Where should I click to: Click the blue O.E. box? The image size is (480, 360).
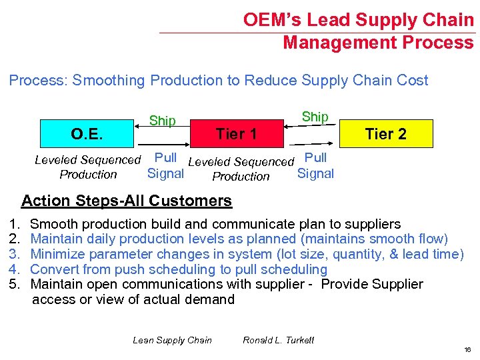click(87, 133)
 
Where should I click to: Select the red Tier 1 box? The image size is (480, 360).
click(237, 134)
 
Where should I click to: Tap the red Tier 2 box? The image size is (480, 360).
click(386, 134)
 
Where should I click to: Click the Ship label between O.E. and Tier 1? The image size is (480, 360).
click(163, 121)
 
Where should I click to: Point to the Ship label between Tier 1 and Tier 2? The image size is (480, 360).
click(315, 117)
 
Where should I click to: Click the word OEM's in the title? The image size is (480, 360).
click(271, 20)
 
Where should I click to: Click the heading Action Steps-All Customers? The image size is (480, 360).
click(127, 201)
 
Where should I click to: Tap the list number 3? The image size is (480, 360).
click(13, 254)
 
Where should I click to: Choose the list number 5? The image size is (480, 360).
click(13, 285)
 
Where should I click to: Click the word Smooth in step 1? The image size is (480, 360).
click(53, 224)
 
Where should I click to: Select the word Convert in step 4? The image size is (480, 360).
click(54, 269)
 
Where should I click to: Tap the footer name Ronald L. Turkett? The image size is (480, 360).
click(279, 340)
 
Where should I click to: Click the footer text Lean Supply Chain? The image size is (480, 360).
click(172, 340)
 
